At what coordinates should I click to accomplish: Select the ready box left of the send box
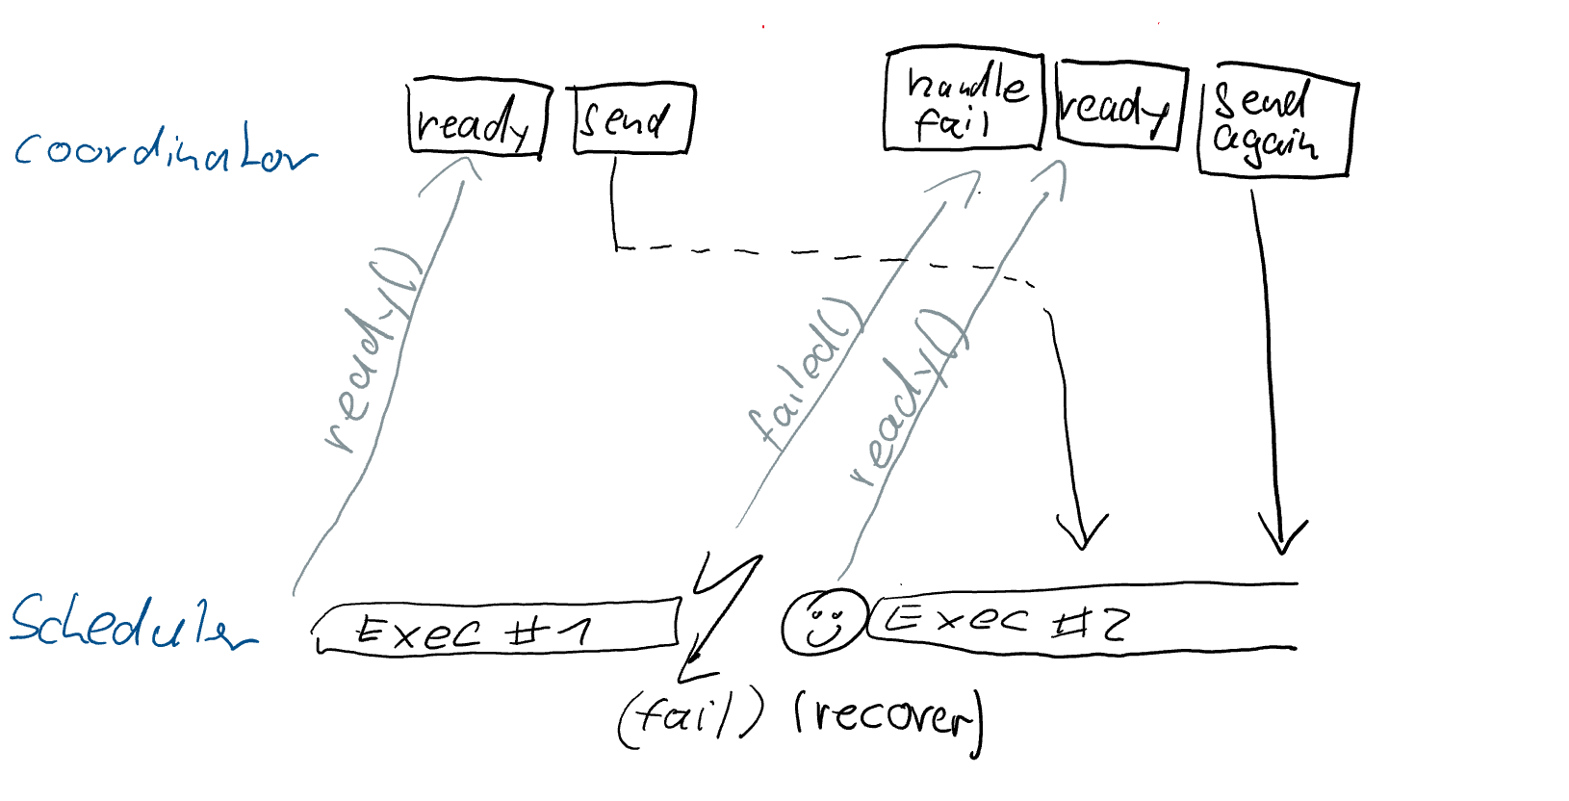[x=478, y=118]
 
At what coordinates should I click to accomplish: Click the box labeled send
[x=632, y=119]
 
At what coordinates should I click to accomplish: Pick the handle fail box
[x=963, y=101]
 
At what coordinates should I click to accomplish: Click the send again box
[x=1275, y=120]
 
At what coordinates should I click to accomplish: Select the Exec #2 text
[x=1006, y=622]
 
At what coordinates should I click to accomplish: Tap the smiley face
[x=822, y=622]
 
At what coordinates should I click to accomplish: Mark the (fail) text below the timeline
[x=690, y=717]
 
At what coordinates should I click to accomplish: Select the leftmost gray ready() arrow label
[x=373, y=351]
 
